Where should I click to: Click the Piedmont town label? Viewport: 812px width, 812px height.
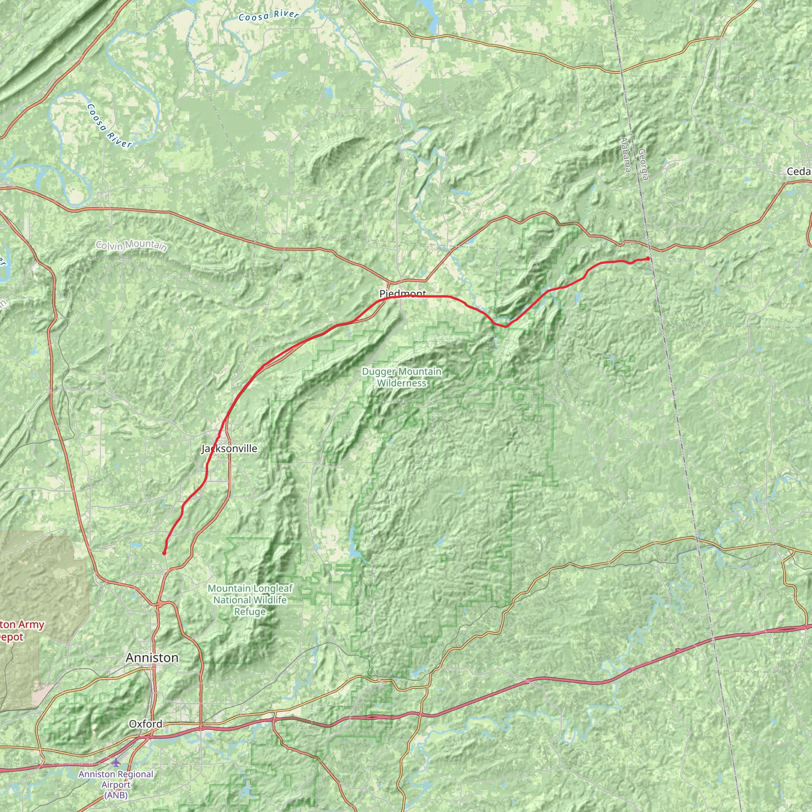click(x=402, y=293)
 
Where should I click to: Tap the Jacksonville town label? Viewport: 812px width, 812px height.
click(x=229, y=448)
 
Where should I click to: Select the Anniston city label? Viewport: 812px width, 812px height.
click(x=152, y=658)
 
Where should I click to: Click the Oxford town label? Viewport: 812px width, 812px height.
click(x=146, y=724)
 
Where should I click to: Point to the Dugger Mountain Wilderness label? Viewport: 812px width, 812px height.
click(x=401, y=377)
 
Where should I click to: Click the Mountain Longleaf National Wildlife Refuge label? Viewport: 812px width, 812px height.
click(x=250, y=600)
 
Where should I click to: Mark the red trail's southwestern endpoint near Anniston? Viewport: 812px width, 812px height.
click(x=164, y=553)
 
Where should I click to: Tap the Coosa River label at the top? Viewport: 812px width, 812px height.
click(x=268, y=16)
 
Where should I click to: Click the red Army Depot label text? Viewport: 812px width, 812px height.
click(x=21, y=630)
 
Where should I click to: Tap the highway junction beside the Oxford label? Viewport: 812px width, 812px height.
click(x=149, y=736)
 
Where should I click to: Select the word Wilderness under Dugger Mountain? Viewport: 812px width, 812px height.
click(x=401, y=383)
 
